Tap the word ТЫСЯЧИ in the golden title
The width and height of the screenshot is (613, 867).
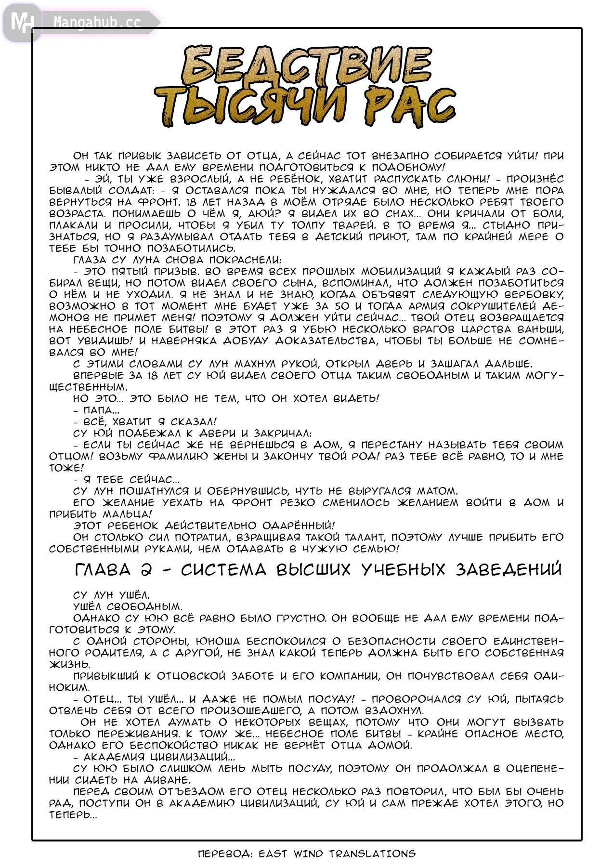250,106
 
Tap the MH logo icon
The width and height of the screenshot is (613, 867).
22,22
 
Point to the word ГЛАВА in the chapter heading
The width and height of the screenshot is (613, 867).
103,570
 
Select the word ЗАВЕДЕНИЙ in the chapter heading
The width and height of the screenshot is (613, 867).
509,570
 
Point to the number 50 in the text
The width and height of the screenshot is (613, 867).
341,306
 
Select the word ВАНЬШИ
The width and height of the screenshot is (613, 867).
540,329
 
